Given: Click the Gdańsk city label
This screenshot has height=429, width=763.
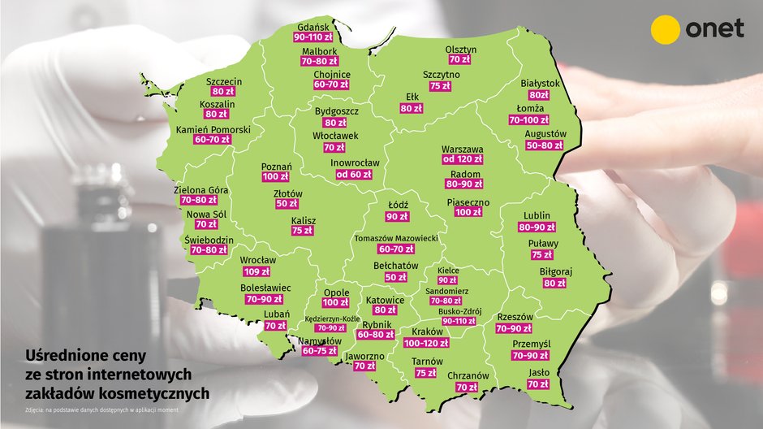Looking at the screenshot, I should point(313,26).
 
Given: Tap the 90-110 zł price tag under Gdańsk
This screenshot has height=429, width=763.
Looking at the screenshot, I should point(313,37).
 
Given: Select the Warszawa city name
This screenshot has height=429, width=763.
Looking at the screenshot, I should point(462,149).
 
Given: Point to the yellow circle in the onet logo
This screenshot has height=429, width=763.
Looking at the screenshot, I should point(666,29).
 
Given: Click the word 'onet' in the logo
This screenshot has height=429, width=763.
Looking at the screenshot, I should point(714,29).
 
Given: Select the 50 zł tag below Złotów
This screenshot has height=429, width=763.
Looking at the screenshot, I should point(287,204).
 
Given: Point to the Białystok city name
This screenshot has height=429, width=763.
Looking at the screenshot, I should point(540,83).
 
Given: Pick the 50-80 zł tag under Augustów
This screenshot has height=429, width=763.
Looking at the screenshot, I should point(545,145).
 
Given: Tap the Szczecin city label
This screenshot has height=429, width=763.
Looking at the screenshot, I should point(223,81).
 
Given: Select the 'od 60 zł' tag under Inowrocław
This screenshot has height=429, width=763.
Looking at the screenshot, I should point(354,174).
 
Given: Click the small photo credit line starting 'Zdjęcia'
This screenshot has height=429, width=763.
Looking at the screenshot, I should point(101,409).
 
